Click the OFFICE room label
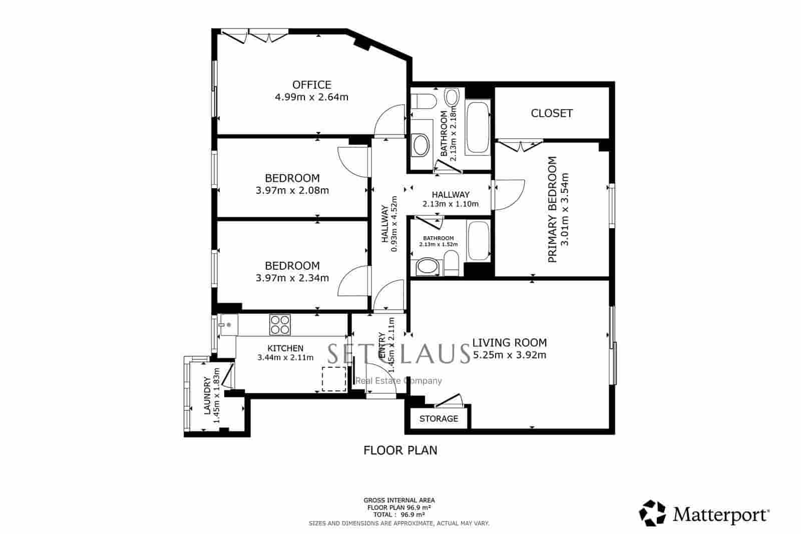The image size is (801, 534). tap(311, 85)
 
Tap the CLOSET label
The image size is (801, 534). tap(551, 113)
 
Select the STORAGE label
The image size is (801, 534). tap(439, 418)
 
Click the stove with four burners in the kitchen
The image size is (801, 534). tap(280, 324)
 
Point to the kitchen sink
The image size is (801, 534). tap(228, 325)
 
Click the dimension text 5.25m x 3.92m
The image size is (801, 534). tap(510, 355)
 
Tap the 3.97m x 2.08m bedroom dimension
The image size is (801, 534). tap(292, 190)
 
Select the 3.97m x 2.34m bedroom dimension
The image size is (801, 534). tap(292, 278)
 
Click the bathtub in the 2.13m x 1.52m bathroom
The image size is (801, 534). tap(479, 241)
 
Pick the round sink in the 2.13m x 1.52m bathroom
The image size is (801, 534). tap(427, 267)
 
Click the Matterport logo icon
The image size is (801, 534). tap(653, 513)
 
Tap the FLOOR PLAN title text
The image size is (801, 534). tap(400, 450)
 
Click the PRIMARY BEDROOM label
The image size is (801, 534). tap(552, 209)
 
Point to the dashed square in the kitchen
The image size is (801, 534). tap(333, 379)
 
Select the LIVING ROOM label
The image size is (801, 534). tap(510, 343)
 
